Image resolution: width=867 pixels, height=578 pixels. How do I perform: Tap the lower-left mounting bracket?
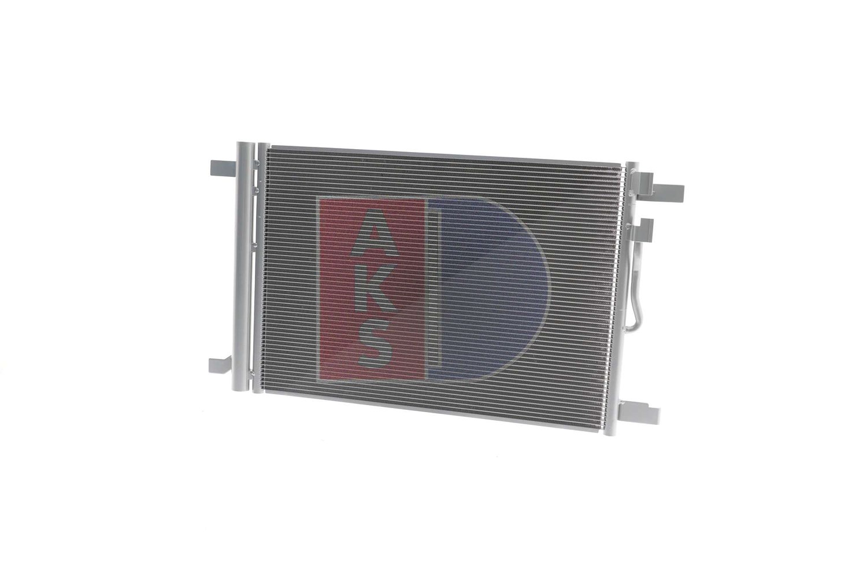point(223,366)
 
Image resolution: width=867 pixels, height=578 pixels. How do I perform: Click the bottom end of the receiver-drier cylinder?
point(241,388)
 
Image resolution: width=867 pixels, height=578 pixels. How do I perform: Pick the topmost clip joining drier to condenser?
point(256,164)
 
